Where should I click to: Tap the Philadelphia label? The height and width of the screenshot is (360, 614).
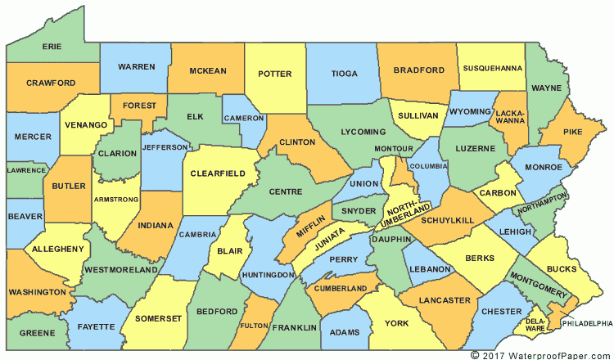(587, 324)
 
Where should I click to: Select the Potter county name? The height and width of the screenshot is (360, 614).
(274, 74)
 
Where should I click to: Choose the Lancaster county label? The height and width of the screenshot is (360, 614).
(445, 300)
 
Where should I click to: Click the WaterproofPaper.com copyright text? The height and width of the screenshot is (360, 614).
(541, 354)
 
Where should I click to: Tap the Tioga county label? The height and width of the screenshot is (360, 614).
(344, 74)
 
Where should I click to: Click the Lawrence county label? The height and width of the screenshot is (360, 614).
(25, 170)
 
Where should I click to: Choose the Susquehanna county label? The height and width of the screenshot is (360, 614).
(490, 68)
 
